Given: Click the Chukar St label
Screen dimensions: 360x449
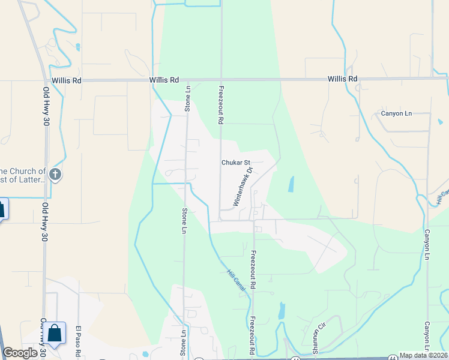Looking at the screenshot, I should [235, 163].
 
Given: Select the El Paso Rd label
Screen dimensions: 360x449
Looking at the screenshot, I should [78, 342].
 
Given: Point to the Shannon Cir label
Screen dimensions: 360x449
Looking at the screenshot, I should [316, 340].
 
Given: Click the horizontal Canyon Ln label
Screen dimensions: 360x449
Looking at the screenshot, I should [397, 113].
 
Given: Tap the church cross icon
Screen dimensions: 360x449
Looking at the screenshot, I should [55, 175].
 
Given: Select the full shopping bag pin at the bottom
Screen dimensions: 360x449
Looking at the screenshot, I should [55, 334].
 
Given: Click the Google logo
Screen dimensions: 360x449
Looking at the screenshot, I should [20, 353].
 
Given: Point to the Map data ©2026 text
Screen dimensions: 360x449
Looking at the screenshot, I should [424, 355].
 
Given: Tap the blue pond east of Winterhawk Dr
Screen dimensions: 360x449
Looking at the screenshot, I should [291, 184].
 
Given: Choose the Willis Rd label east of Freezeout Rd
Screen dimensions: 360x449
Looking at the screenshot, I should [342, 79].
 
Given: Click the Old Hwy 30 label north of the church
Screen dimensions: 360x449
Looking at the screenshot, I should [46, 106].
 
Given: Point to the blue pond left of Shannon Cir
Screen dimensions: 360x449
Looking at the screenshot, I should [282, 310].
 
